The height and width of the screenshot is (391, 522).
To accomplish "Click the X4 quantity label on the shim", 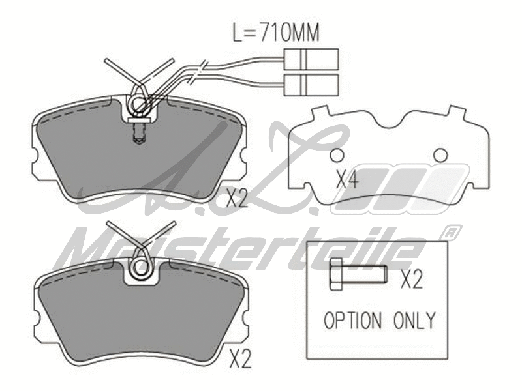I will click(346, 179).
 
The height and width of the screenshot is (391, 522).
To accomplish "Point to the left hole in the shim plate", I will click(337, 156).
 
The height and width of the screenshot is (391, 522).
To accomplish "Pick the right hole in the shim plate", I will click(440, 154).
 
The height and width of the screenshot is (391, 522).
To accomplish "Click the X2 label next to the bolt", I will click(412, 280).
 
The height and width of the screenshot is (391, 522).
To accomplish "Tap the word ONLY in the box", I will click(414, 320).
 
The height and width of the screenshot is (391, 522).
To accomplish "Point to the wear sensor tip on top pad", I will click(138, 138).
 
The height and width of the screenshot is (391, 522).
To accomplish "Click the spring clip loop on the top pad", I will click(139, 104).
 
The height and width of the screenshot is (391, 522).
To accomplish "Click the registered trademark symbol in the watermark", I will click(449, 232).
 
